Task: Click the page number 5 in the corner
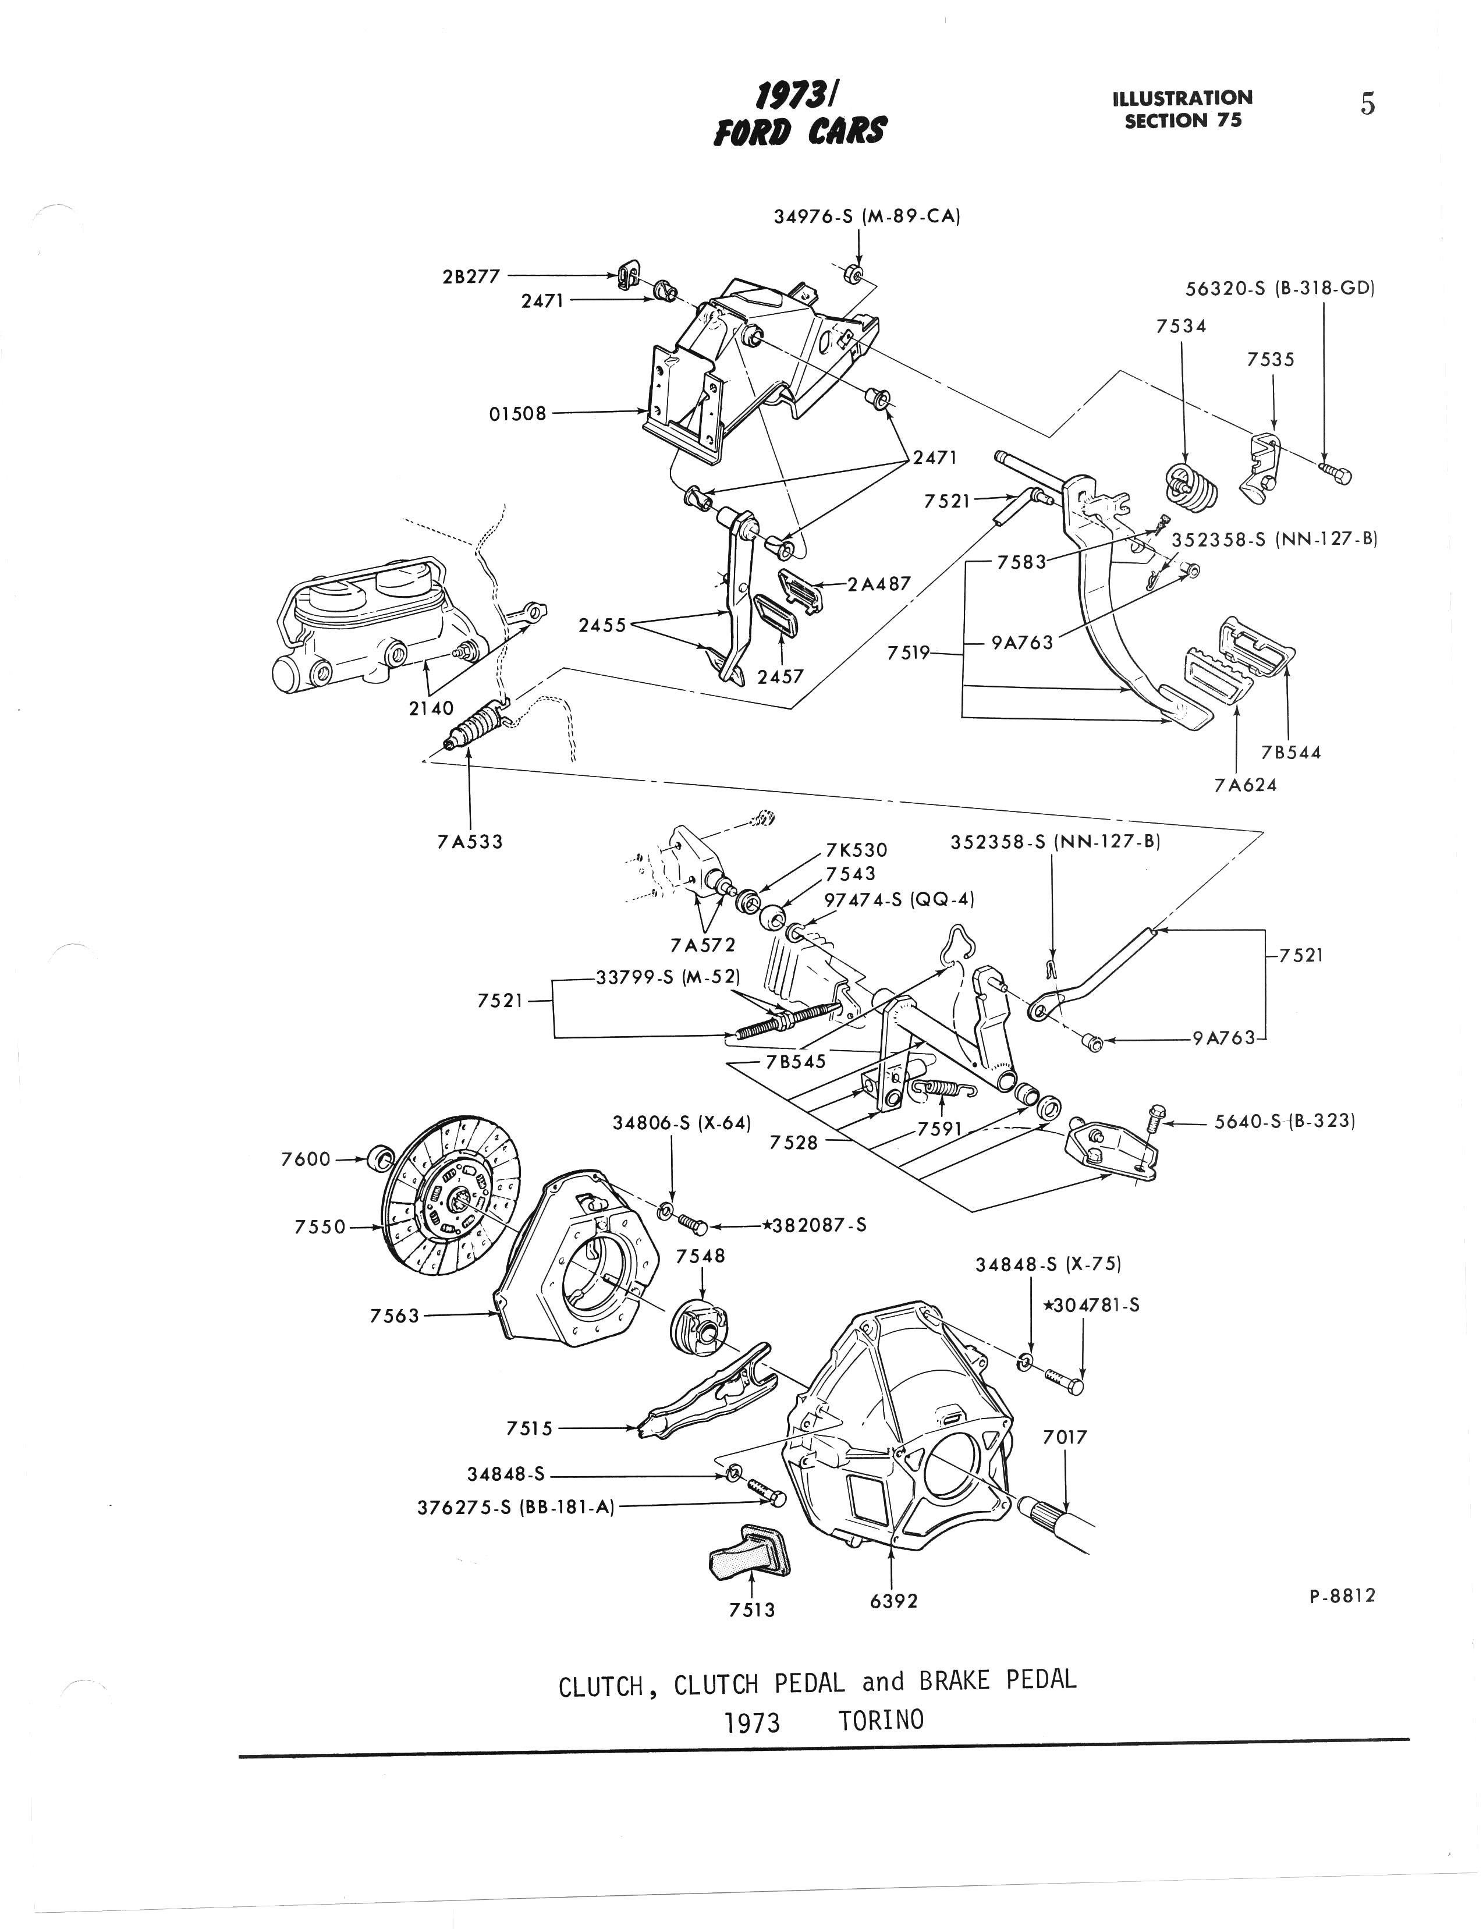coord(1367,104)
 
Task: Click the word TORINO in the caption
coord(880,1720)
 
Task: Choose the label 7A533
coord(470,841)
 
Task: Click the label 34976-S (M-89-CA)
coord(866,215)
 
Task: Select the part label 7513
coord(751,1609)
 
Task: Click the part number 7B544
coord(1290,752)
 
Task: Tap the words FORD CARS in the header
coord(800,130)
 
